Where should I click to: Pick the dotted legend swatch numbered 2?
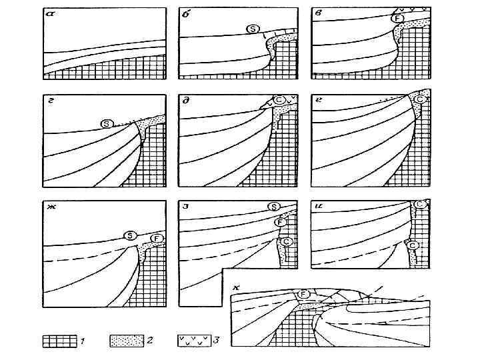click(127, 341)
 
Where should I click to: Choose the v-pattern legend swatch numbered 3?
click(194, 341)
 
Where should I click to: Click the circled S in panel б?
click(252, 29)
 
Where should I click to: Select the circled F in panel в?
click(398, 17)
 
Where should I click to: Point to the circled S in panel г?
click(106, 124)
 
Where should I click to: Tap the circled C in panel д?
click(280, 100)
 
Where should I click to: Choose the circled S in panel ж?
click(131, 235)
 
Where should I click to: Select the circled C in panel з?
click(287, 241)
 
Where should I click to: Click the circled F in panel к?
click(303, 294)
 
